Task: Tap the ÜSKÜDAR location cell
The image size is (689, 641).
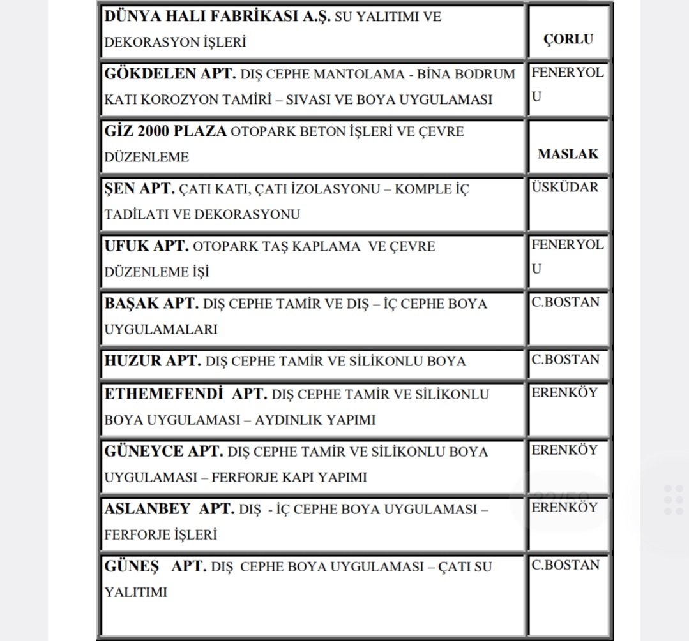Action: coord(565,188)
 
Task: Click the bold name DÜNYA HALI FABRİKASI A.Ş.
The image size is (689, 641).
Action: coord(217,17)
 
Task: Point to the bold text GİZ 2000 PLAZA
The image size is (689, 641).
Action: coord(165,131)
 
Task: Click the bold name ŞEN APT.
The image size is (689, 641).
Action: coord(139,189)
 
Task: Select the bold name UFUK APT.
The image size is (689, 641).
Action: coord(146,246)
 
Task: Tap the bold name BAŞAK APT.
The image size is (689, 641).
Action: coord(151,304)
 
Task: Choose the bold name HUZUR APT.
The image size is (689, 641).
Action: coord(153,361)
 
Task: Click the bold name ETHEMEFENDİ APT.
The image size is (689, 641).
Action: coord(185,394)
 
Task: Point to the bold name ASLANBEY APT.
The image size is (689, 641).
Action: coord(169,509)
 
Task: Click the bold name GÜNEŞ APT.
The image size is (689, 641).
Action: coord(155,566)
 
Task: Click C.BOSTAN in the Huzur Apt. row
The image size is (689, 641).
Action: coord(565,360)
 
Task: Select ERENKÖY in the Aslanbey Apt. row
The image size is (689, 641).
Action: coord(564,508)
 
